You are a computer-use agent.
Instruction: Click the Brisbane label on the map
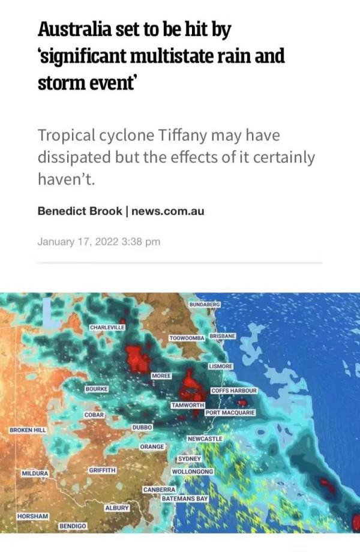click(222, 337)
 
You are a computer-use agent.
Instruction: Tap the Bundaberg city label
click(205, 305)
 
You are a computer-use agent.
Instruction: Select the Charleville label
click(107, 327)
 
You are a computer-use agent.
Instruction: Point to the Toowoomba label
click(187, 338)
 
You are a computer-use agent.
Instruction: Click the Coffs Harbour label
click(234, 391)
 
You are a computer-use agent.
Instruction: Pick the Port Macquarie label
click(230, 413)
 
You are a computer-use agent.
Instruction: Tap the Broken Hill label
click(28, 430)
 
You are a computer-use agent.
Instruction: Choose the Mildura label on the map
click(35, 473)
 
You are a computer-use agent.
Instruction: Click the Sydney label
click(189, 458)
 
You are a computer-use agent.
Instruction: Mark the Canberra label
click(159, 490)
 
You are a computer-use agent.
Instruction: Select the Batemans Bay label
click(185, 499)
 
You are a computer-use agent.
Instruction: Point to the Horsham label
click(33, 516)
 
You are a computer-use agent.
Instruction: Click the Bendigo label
click(73, 526)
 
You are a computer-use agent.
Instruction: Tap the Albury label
click(117, 508)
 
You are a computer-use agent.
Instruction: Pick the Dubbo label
click(142, 427)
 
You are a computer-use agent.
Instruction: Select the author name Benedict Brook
click(80, 211)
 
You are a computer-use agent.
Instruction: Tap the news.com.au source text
click(168, 211)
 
